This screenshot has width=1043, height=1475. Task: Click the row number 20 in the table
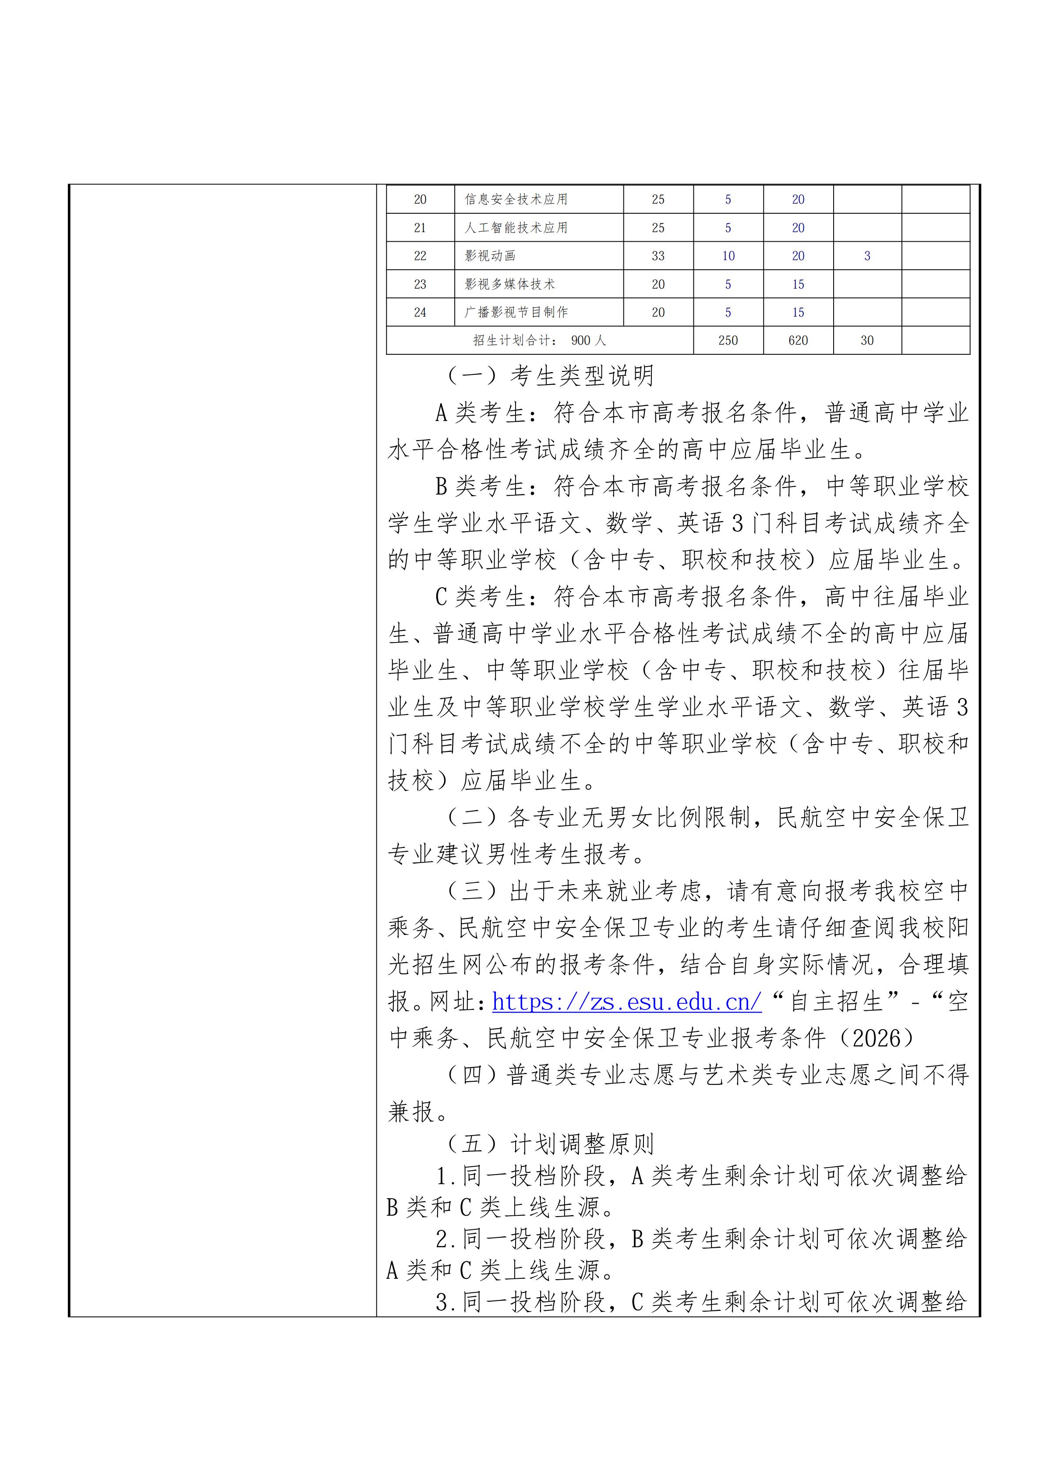420,199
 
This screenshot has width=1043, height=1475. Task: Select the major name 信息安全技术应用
516,199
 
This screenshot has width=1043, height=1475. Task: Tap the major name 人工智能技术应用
516,227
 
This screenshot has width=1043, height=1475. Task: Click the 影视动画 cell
490,256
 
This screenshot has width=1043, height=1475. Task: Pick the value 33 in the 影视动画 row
658,256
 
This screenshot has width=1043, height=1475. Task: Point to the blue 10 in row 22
728,256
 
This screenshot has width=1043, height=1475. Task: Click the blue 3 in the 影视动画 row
867,256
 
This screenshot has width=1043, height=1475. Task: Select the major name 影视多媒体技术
509,284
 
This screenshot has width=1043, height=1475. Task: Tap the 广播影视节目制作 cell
516,312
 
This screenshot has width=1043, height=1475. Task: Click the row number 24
420,312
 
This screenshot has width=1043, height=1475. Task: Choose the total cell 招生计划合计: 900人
540,340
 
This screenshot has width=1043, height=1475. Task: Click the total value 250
728,340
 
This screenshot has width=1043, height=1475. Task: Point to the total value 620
798,340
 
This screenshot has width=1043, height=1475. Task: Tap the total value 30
867,340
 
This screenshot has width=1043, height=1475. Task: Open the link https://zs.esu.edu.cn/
626,1002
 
